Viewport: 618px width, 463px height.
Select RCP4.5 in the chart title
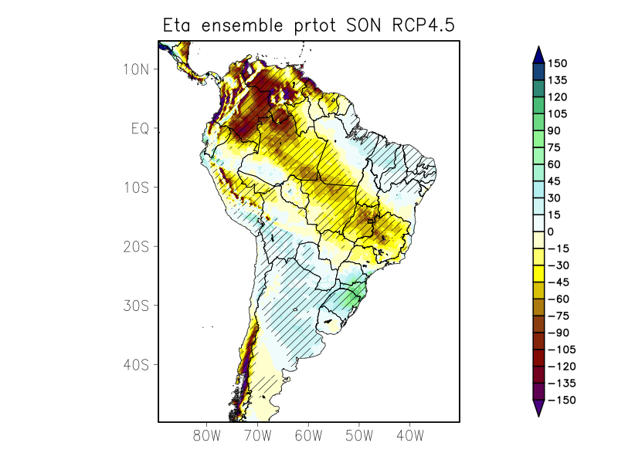(424, 25)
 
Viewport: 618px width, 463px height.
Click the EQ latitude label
(141, 128)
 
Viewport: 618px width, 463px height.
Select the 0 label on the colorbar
(551, 231)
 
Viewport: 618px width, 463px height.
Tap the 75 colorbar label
(555, 147)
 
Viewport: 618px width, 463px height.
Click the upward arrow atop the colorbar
(538, 54)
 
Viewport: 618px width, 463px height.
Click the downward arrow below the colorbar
(538, 408)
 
